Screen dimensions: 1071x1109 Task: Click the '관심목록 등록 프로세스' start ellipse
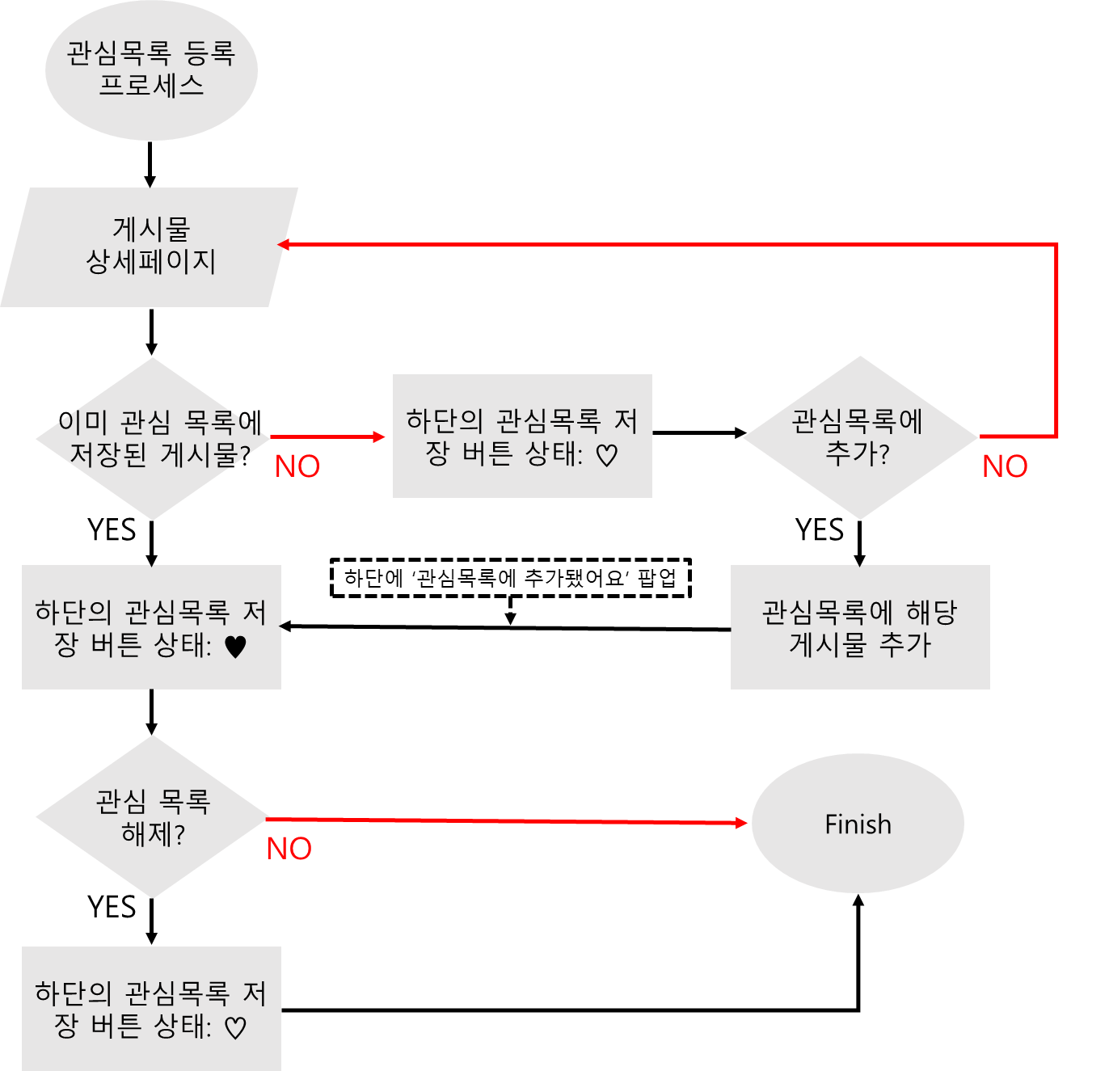pyautogui.click(x=151, y=70)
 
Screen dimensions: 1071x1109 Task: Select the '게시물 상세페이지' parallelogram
pyautogui.click(x=150, y=247)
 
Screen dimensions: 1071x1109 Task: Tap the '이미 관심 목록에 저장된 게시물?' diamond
pyautogui.click(x=152, y=438)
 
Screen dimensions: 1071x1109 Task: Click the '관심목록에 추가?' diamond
pyautogui.click(x=860, y=437)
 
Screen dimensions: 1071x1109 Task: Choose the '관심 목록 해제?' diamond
pyautogui.click(x=152, y=816)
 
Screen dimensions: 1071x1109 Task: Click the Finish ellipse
pyautogui.click(x=858, y=823)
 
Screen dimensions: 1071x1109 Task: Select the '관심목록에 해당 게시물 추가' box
pyautogui.click(x=860, y=627)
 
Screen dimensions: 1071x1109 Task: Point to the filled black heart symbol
pyautogui.click(x=235, y=647)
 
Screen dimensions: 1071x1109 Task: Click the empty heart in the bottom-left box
pyautogui.click(x=234, y=1028)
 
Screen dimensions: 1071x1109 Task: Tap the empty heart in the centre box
pyautogui.click(x=606, y=456)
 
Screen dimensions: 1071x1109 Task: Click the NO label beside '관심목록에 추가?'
pyautogui.click(x=1005, y=466)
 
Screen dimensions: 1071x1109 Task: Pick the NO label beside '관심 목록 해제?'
pyautogui.click(x=289, y=849)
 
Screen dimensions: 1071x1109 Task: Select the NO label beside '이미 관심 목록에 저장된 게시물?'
pyautogui.click(x=297, y=466)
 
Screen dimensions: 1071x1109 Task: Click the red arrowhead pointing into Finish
pyautogui.click(x=742, y=823)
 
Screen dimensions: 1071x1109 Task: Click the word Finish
pyautogui.click(x=858, y=824)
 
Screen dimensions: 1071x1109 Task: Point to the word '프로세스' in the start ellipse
pyautogui.click(x=151, y=86)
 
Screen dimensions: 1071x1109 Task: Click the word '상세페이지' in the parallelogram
pyautogui.click(x=151, y=262)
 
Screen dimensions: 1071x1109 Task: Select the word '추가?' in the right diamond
pyautogui.click(x=857, y=453)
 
